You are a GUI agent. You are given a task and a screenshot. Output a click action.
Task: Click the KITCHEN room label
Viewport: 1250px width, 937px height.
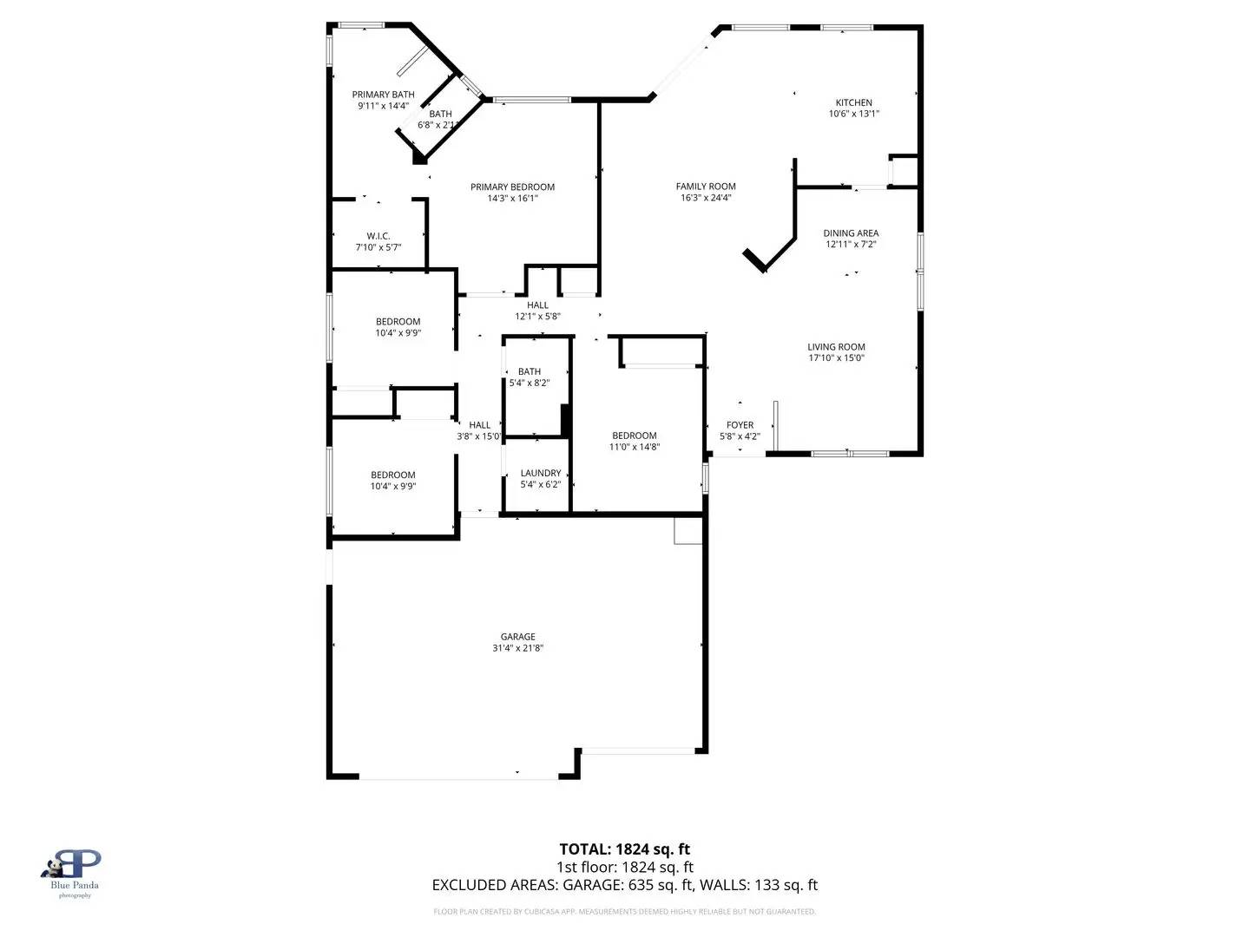[853, 102]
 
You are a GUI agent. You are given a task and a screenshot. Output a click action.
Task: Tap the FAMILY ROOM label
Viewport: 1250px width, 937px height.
[706, 187]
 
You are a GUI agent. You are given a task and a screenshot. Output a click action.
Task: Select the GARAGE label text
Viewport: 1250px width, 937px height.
[517, 637]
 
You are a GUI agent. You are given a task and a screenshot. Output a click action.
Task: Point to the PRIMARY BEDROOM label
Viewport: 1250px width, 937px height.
[512, 187]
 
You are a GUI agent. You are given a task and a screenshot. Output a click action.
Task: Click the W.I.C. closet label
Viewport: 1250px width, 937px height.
[378, 236]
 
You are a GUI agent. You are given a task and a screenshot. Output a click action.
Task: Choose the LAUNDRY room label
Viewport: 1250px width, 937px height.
[540, 474]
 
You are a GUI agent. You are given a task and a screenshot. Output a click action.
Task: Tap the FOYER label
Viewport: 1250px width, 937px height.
[740, 425]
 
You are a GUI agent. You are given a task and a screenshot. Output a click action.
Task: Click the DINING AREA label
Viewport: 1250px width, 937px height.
[851, 233]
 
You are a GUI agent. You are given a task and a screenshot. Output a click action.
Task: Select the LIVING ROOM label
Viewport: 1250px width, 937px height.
[836, 347]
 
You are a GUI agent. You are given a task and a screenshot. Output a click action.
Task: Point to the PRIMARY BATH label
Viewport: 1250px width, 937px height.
[383, 95]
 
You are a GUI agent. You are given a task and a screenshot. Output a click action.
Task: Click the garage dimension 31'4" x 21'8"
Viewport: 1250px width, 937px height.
[517, 648]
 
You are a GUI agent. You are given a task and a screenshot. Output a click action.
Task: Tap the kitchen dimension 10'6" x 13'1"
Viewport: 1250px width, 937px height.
[853, 114]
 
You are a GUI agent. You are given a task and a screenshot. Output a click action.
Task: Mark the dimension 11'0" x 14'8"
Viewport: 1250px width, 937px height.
[634, 447]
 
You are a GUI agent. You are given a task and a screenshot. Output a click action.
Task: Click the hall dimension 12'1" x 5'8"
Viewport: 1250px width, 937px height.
[537, 317]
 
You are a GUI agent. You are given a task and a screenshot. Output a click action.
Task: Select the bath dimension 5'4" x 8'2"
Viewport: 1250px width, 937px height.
[529, 383]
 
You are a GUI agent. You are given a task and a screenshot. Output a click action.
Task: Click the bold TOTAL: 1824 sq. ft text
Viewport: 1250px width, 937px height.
[624, 849]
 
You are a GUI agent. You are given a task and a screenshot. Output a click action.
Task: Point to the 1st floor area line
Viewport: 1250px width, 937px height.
[624, 867]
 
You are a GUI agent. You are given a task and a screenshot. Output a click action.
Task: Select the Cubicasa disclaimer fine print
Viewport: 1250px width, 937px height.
[624, 912]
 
